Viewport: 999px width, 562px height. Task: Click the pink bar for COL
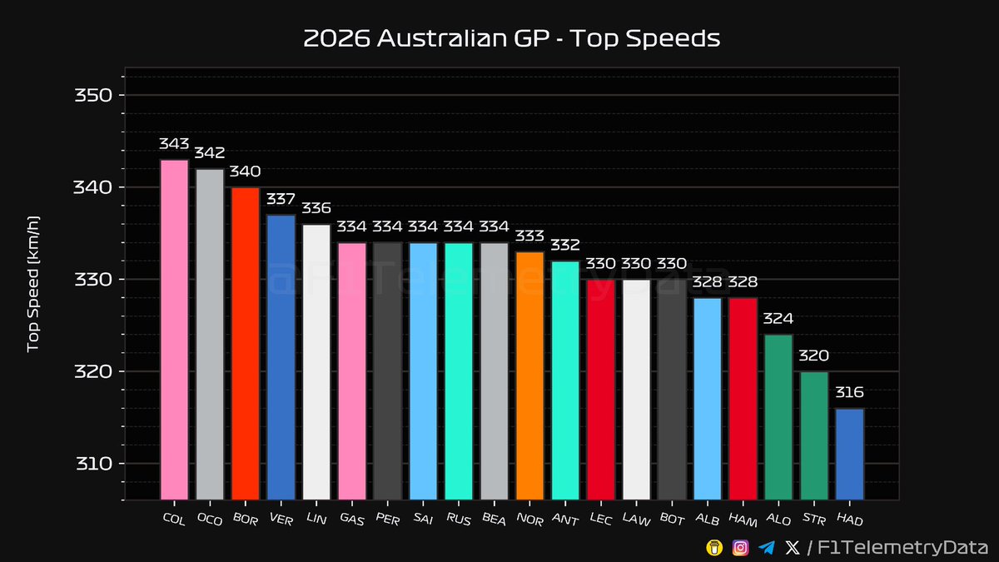(174, 329)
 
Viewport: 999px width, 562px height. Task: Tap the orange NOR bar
(529, 375)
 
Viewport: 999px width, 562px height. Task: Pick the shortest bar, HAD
(849, 454)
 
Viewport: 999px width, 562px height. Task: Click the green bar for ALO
(778, 416)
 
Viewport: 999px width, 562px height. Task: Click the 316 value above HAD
(849, 393)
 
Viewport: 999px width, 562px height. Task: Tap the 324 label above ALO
(778, 319)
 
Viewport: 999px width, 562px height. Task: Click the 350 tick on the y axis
(94, 95)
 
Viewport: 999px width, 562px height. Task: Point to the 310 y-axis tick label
(94, 464)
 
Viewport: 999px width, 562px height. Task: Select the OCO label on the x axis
(209, 519)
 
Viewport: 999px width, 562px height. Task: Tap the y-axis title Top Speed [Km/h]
(34, 284)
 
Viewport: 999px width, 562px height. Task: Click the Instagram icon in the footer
(740, 547)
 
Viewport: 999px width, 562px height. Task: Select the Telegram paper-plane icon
(766, 547)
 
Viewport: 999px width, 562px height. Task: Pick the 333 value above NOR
(529, 236)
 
